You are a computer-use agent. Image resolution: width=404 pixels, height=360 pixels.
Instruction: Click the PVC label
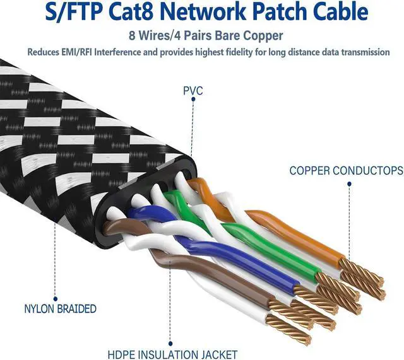(192, 91)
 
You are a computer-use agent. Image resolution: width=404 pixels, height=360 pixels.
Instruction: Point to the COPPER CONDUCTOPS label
(346, 171)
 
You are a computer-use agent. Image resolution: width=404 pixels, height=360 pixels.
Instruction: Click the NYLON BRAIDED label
(60, 309)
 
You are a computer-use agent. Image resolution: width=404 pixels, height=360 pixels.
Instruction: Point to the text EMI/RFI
(80, 52)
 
